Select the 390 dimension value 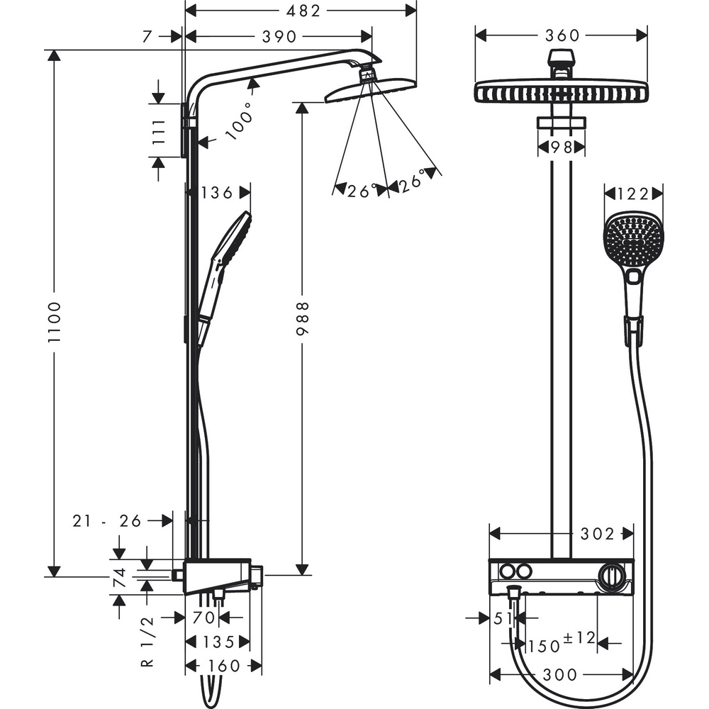coord(279,36)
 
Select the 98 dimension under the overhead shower coord(562,147)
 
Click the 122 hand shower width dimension coord(633,192)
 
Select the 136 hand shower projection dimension coord(218,192)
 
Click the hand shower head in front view coord(632,241)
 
